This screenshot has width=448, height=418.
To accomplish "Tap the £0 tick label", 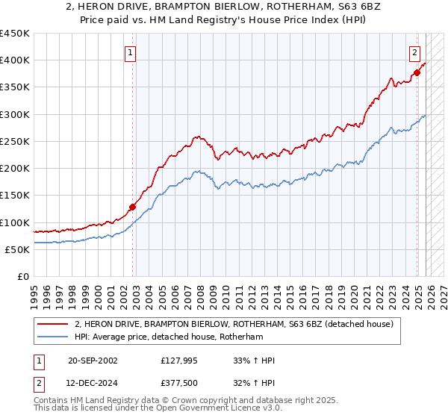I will coord(22,277).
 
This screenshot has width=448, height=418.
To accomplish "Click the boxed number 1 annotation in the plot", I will coord(131,52).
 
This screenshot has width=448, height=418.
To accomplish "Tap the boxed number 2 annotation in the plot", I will coord(414,52).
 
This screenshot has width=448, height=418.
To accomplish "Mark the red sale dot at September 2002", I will coord(133,208).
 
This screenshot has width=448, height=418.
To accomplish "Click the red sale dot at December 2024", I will coord(417,72).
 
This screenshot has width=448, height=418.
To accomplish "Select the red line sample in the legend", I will coord(52,325).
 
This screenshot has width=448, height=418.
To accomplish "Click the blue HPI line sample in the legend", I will coord(52,337).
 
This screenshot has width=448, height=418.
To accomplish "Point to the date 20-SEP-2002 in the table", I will coord(92,361).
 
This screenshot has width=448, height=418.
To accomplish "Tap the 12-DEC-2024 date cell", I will coord(92,384).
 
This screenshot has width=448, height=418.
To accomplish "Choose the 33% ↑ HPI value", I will coord(254,361).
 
